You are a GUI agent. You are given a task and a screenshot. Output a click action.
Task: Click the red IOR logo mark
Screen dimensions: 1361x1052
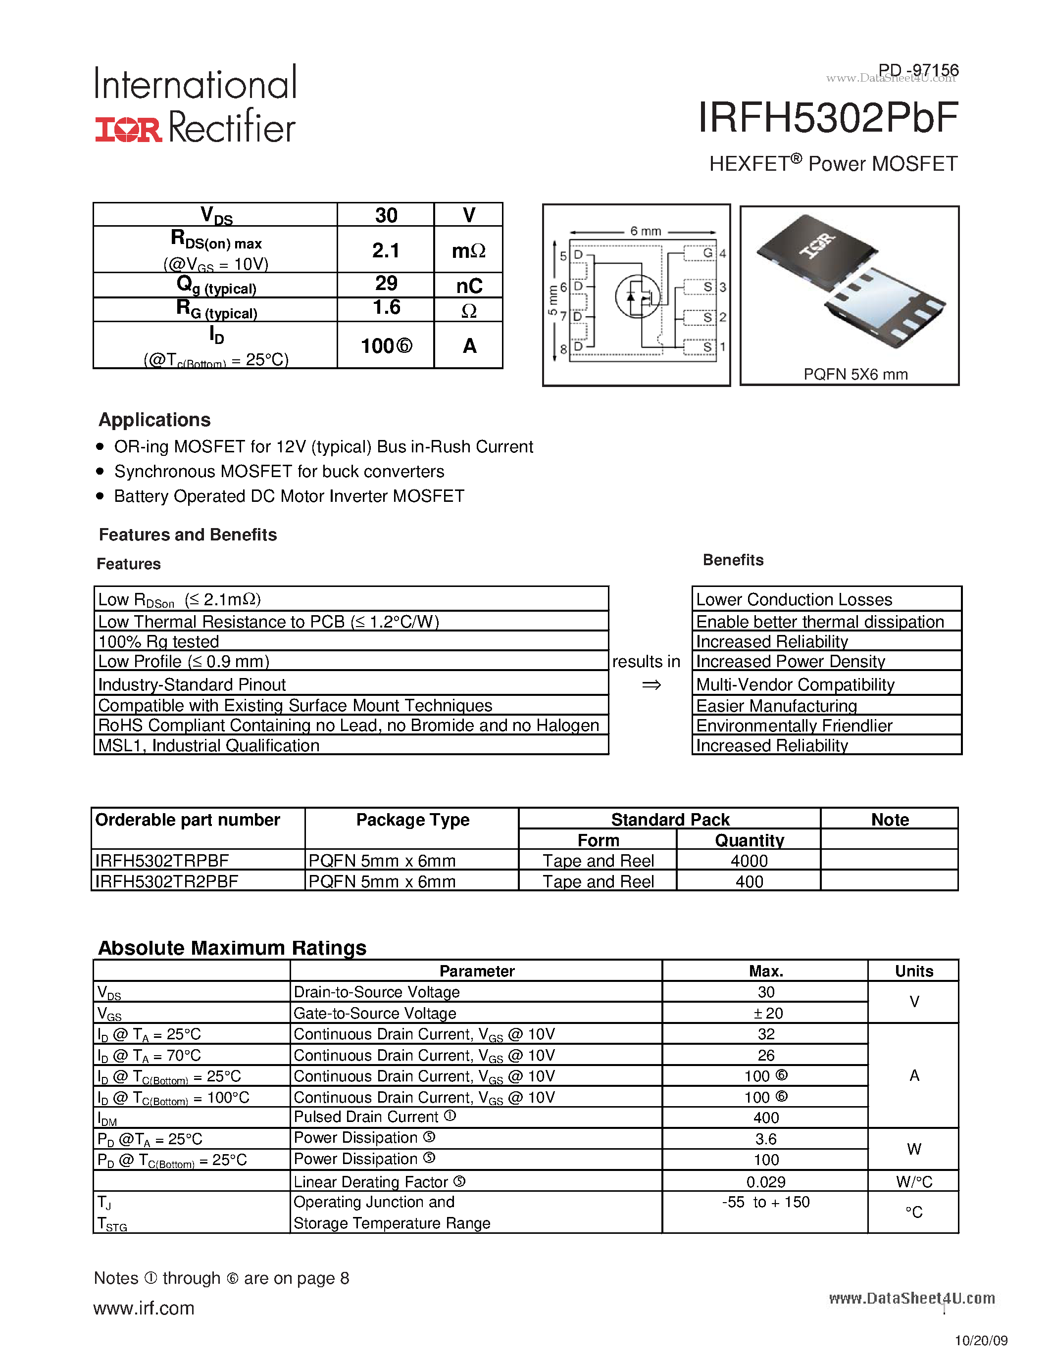(128, 129)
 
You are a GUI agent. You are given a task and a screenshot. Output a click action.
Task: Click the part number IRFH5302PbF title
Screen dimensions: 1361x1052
(828, 118)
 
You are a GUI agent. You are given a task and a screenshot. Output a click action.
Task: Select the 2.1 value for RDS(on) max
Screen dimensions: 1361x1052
(386, 250)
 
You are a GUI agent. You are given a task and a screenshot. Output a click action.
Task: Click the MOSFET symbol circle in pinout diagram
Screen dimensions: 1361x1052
(638, 296)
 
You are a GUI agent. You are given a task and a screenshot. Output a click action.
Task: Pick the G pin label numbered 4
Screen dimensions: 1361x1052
(708, 253)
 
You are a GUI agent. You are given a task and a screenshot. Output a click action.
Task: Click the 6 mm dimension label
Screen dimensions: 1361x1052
(645, 231)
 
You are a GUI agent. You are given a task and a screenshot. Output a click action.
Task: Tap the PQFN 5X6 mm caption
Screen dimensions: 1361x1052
(855, 374)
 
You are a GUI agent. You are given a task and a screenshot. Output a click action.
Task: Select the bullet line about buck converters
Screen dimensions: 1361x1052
(279, 471)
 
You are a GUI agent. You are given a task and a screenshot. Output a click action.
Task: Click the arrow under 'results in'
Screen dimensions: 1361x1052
(651, 685)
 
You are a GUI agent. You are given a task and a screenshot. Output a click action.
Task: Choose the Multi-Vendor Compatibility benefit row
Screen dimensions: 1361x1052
(795, 684)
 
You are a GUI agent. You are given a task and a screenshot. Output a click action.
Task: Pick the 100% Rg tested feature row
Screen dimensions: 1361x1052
(159, 641)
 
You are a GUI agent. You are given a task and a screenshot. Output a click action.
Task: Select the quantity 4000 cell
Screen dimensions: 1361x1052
(749, 861)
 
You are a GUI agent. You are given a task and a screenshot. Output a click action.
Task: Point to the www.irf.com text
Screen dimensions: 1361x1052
(144, 1308)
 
